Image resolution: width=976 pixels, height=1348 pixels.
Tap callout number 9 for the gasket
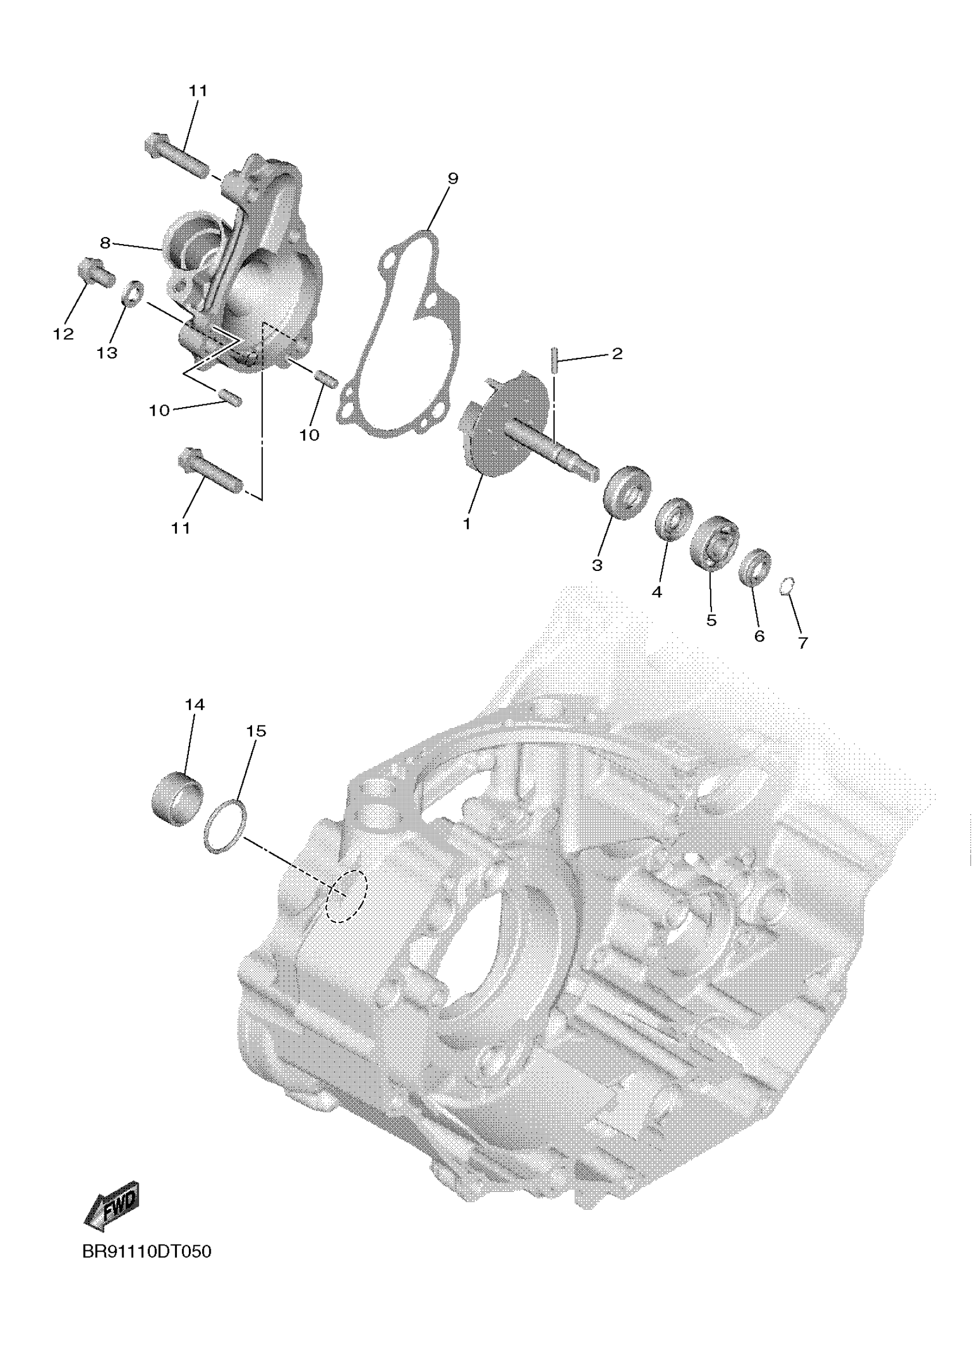pos(452,178)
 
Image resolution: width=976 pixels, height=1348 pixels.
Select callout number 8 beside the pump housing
pos(105,242)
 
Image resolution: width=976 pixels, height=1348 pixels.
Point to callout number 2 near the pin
pos(617,354)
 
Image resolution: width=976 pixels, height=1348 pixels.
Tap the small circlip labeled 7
pos(787,585)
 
